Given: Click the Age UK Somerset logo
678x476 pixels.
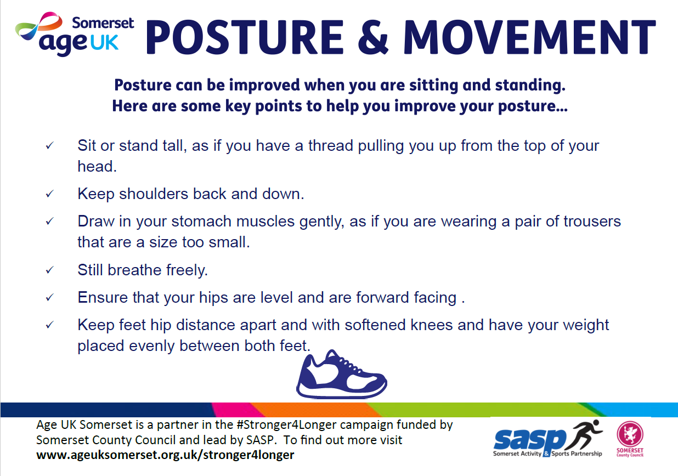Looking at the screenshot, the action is (x=75, y=34).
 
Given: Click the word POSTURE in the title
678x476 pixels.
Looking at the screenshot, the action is (x=245, y=37).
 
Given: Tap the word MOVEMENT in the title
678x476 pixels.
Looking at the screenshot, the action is (x=530, y=37).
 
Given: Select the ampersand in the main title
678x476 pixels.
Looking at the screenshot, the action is (x=373, y=37).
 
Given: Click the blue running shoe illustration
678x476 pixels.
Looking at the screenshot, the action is (x=341, y=375).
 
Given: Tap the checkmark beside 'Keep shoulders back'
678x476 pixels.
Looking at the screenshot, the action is (x=49, y=194).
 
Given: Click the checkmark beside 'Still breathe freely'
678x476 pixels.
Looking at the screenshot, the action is (x=49, y=270).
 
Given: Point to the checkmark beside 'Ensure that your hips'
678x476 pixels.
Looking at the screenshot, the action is (x=49, y=297).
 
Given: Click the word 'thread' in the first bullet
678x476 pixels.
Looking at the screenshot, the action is (x=331, y=145).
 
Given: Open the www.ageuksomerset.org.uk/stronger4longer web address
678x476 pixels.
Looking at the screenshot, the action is (x=165, y=455).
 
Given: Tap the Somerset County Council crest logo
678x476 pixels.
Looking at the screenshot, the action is (x=630, y=439).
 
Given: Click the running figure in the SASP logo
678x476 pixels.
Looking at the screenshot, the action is (x=584, y=434).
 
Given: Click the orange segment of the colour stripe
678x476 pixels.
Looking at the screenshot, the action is (x=315, y=410).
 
